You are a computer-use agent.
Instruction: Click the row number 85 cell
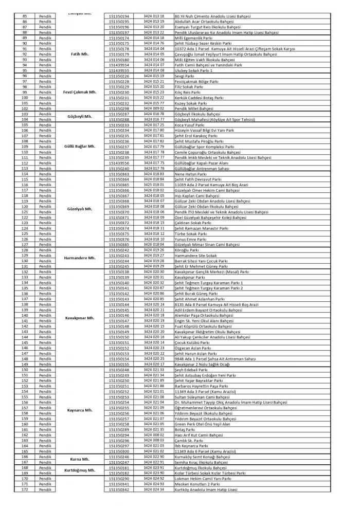coord(25,16)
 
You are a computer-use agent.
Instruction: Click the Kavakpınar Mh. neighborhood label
coord(80,318)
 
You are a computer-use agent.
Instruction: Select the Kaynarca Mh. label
coord(80,410)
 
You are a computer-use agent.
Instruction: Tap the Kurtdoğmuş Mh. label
coord(80,470)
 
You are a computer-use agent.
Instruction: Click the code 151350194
coord(119,16)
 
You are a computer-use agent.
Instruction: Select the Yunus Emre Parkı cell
coord(191,240)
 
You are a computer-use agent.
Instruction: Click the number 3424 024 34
coord(154,489)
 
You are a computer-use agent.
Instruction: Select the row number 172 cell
coord(25,489)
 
